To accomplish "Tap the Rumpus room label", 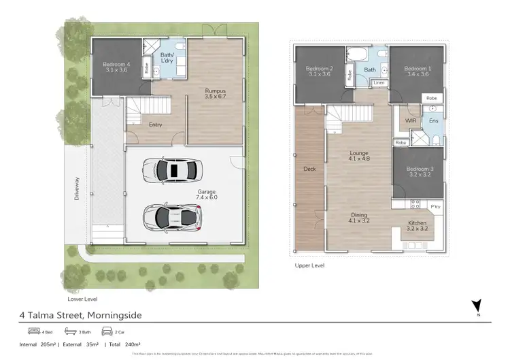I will tap(215, 93).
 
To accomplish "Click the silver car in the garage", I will tap(172, 216).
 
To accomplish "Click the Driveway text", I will tap(77, 189).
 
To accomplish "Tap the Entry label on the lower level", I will tap(154, 125).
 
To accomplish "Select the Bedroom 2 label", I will tap(318, 72).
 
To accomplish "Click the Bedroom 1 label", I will tap(418, 72).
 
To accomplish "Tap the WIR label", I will tap(410, 120).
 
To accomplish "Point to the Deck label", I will tap(310, 168).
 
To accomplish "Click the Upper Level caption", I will tap(309, 265).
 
